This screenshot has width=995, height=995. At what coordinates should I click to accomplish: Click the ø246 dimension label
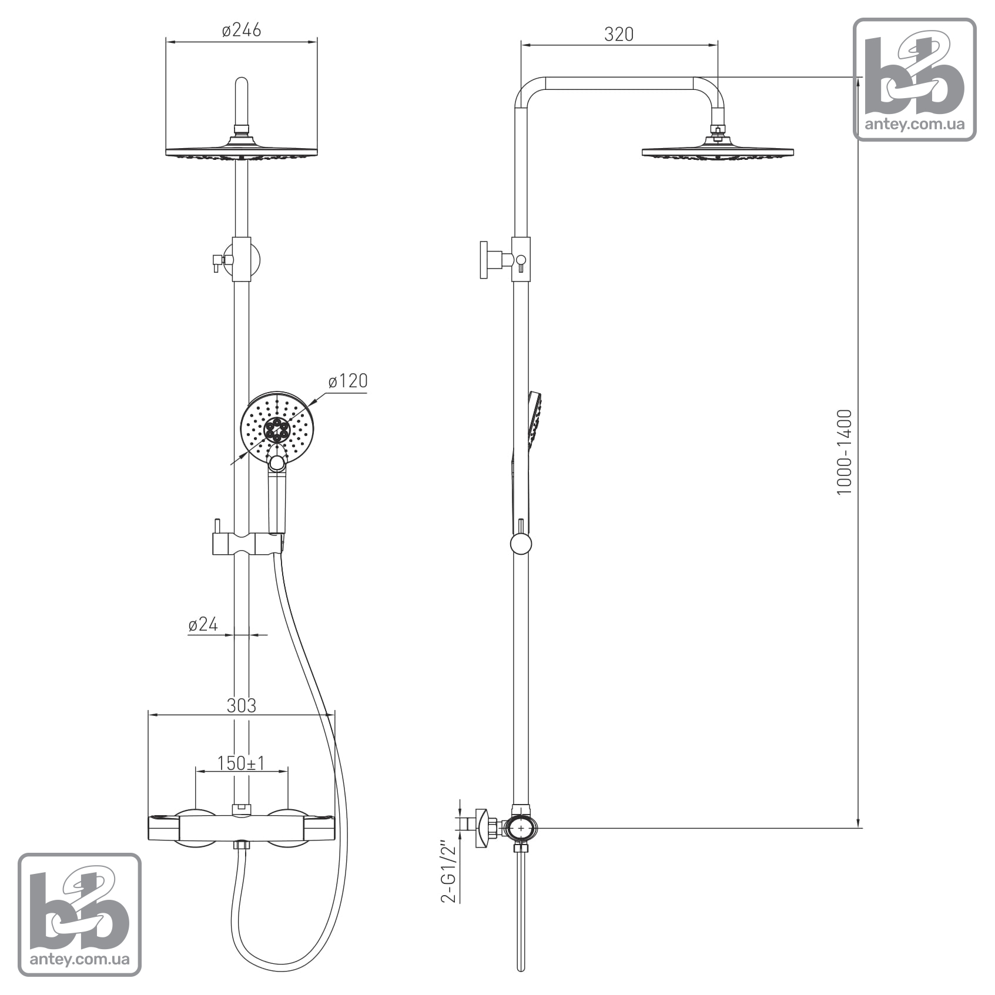point(241,30)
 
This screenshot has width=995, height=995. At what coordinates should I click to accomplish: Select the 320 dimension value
point(619,35)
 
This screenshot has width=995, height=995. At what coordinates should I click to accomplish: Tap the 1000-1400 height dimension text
point(844,452)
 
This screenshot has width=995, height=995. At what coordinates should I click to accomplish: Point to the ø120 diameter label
point(348,381)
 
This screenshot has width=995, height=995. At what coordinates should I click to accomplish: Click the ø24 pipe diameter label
point(203,624)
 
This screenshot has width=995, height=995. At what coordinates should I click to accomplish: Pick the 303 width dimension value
point(242,705)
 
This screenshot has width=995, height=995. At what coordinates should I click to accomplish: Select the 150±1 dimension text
point(241,763)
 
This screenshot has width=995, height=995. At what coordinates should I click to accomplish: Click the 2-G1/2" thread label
point(449,873)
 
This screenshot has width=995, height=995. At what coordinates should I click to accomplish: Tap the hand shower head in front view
point(276,427)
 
